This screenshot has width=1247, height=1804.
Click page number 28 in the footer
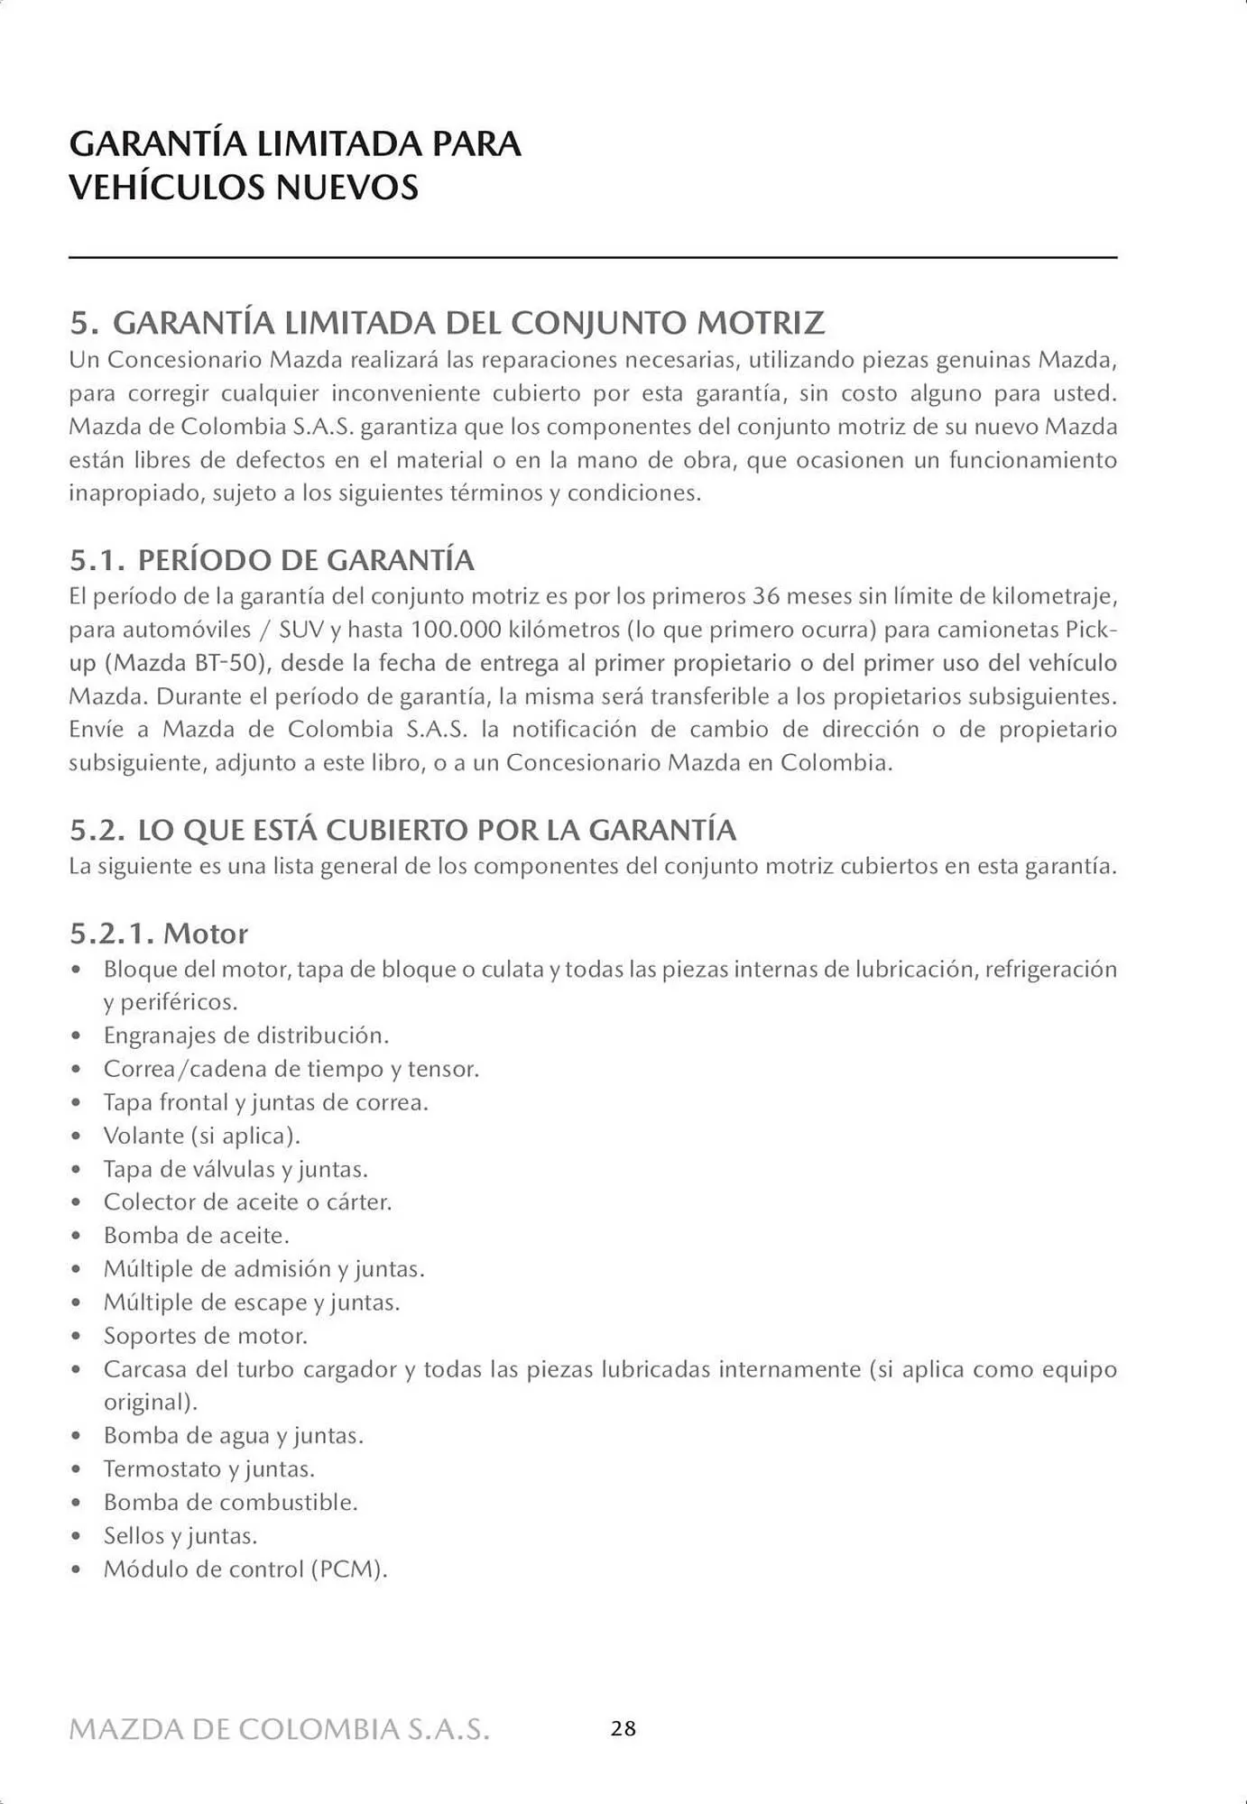(x=623, y=1728)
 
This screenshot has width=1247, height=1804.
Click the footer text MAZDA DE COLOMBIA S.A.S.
(x=280, y=1729)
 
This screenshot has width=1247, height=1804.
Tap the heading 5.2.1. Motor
(x=159, y=933)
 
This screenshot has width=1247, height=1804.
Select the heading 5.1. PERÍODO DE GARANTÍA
(x=272, y=560)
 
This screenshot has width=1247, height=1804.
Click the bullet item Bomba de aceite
(x=196, y=1235)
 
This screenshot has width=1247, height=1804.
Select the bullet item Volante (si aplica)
(x=201, y=1135)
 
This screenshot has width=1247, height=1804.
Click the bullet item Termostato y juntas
(x=208, y=1468)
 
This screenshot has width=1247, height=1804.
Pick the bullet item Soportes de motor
(x=205, y=1335)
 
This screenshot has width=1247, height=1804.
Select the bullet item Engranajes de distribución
(x=245, y=1035)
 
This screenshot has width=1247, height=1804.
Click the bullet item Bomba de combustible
(x=230, y=1502)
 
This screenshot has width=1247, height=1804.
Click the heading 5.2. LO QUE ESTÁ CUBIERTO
(x=402, y=830)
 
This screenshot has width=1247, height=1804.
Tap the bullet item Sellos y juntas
(x=180, y=1535)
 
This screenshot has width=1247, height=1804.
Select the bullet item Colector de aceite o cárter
(x=247, y=1201)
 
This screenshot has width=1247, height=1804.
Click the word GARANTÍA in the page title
(x=156, y=144)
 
